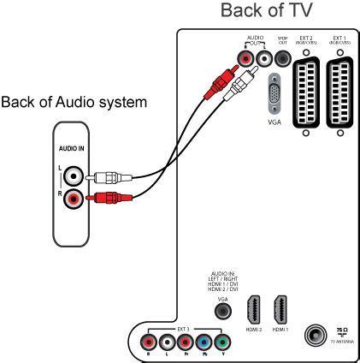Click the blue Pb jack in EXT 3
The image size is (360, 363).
(203, 344)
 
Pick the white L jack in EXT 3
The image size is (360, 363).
(164, 344)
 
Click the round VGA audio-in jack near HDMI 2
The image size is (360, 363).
(222, 312)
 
